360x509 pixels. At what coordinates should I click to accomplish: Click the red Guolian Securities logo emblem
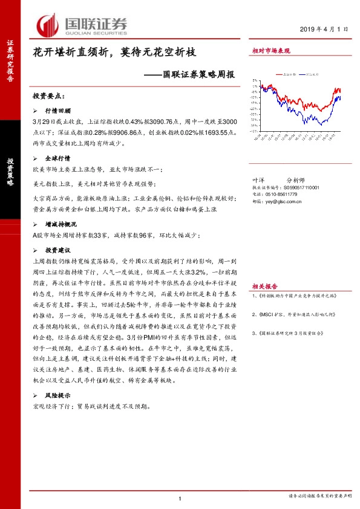[48, 25]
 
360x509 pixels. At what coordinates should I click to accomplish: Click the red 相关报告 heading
[264, 286]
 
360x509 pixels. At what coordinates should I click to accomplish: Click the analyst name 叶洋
[258, 180]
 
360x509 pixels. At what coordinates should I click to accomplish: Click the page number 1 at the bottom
[180, 498]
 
